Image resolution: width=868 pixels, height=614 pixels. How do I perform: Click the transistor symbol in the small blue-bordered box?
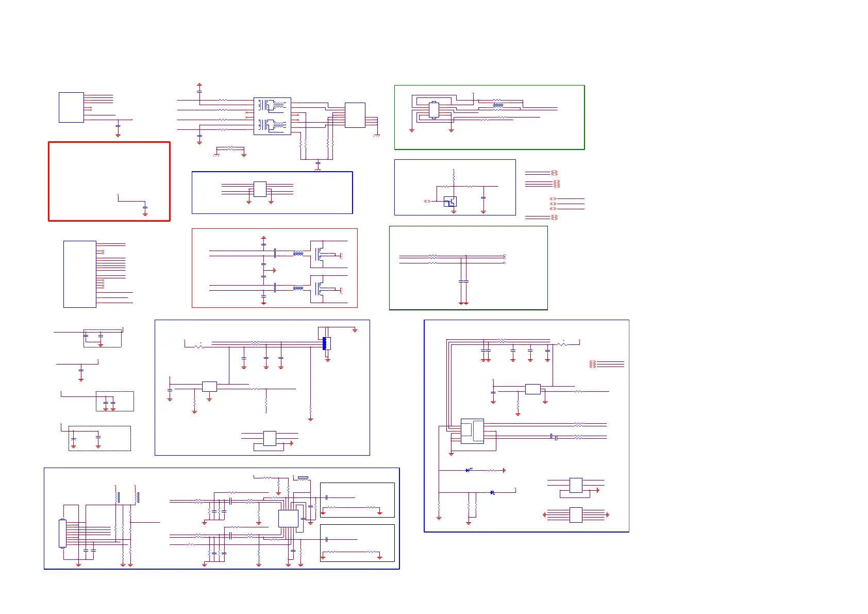450,202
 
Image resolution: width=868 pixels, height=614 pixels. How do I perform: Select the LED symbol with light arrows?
469,470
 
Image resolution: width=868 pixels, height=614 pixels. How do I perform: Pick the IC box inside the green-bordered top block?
433,110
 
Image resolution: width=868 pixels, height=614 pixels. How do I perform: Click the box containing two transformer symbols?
272,116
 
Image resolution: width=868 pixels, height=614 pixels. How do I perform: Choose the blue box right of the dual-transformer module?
355,115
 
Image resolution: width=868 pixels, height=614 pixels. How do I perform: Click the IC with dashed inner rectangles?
472,431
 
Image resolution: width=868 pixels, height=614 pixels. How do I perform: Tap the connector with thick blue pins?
325,343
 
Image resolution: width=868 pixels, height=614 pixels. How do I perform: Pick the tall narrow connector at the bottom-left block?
62,533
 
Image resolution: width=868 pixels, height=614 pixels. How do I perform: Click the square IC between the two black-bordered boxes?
288,518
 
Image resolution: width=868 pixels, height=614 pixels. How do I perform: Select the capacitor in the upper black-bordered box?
327,497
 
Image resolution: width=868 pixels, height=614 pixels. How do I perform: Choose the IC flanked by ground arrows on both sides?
576,515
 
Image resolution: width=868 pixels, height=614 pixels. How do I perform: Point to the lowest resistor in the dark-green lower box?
432,263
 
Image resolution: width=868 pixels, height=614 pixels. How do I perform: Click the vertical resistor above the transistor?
454,178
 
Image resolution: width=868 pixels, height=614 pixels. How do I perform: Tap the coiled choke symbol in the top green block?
497,105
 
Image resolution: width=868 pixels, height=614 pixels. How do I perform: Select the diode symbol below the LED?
492,492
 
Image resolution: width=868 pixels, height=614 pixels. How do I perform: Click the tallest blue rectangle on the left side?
79,274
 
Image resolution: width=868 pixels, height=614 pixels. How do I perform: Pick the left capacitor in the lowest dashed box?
73,439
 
